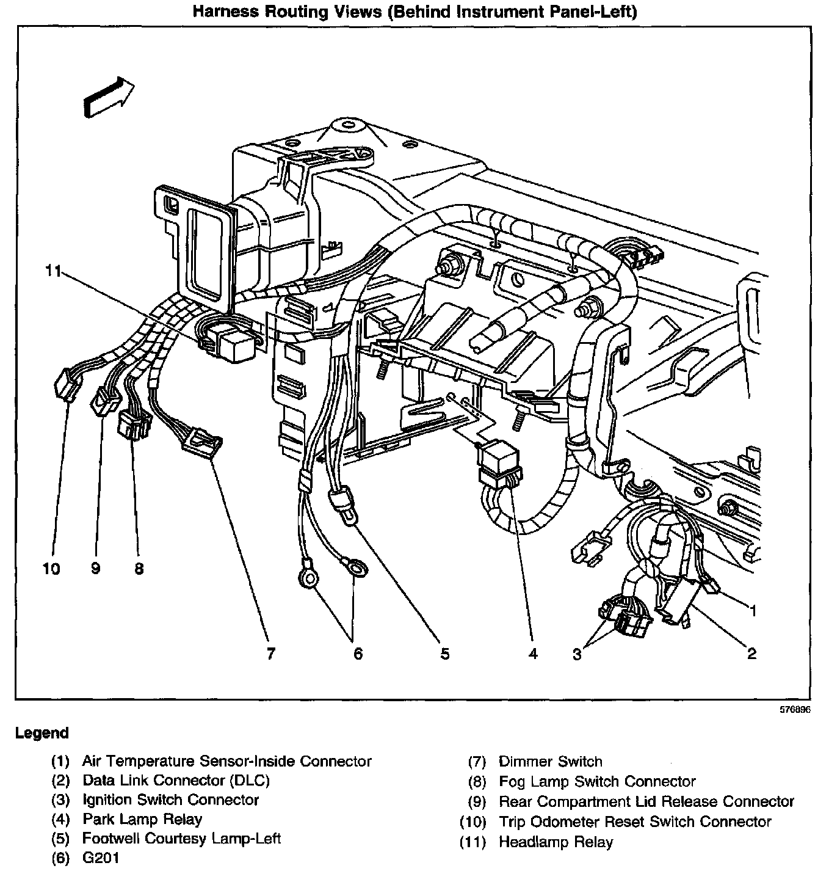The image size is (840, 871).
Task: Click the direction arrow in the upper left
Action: pos(109,96)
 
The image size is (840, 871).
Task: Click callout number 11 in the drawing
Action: pos(54,271)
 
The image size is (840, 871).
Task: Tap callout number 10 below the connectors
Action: pos(52,569)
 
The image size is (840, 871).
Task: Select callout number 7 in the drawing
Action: pos(270,654)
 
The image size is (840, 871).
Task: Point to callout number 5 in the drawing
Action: pos(445,654)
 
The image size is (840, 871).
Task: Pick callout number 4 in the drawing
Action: pos(533,654)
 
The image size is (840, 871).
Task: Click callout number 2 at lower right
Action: pos(751,654)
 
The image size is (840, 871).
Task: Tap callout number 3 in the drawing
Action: pos(577,655)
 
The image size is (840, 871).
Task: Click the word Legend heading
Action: pos(42,733)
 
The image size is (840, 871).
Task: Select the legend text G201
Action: pos(101,858)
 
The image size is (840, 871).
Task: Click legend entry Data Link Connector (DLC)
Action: pos(176,780)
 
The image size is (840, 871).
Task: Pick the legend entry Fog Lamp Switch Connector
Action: pos(597,781)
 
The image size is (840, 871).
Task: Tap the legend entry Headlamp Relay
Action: pos(556,842)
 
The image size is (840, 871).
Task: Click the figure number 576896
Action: pos(794,710)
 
